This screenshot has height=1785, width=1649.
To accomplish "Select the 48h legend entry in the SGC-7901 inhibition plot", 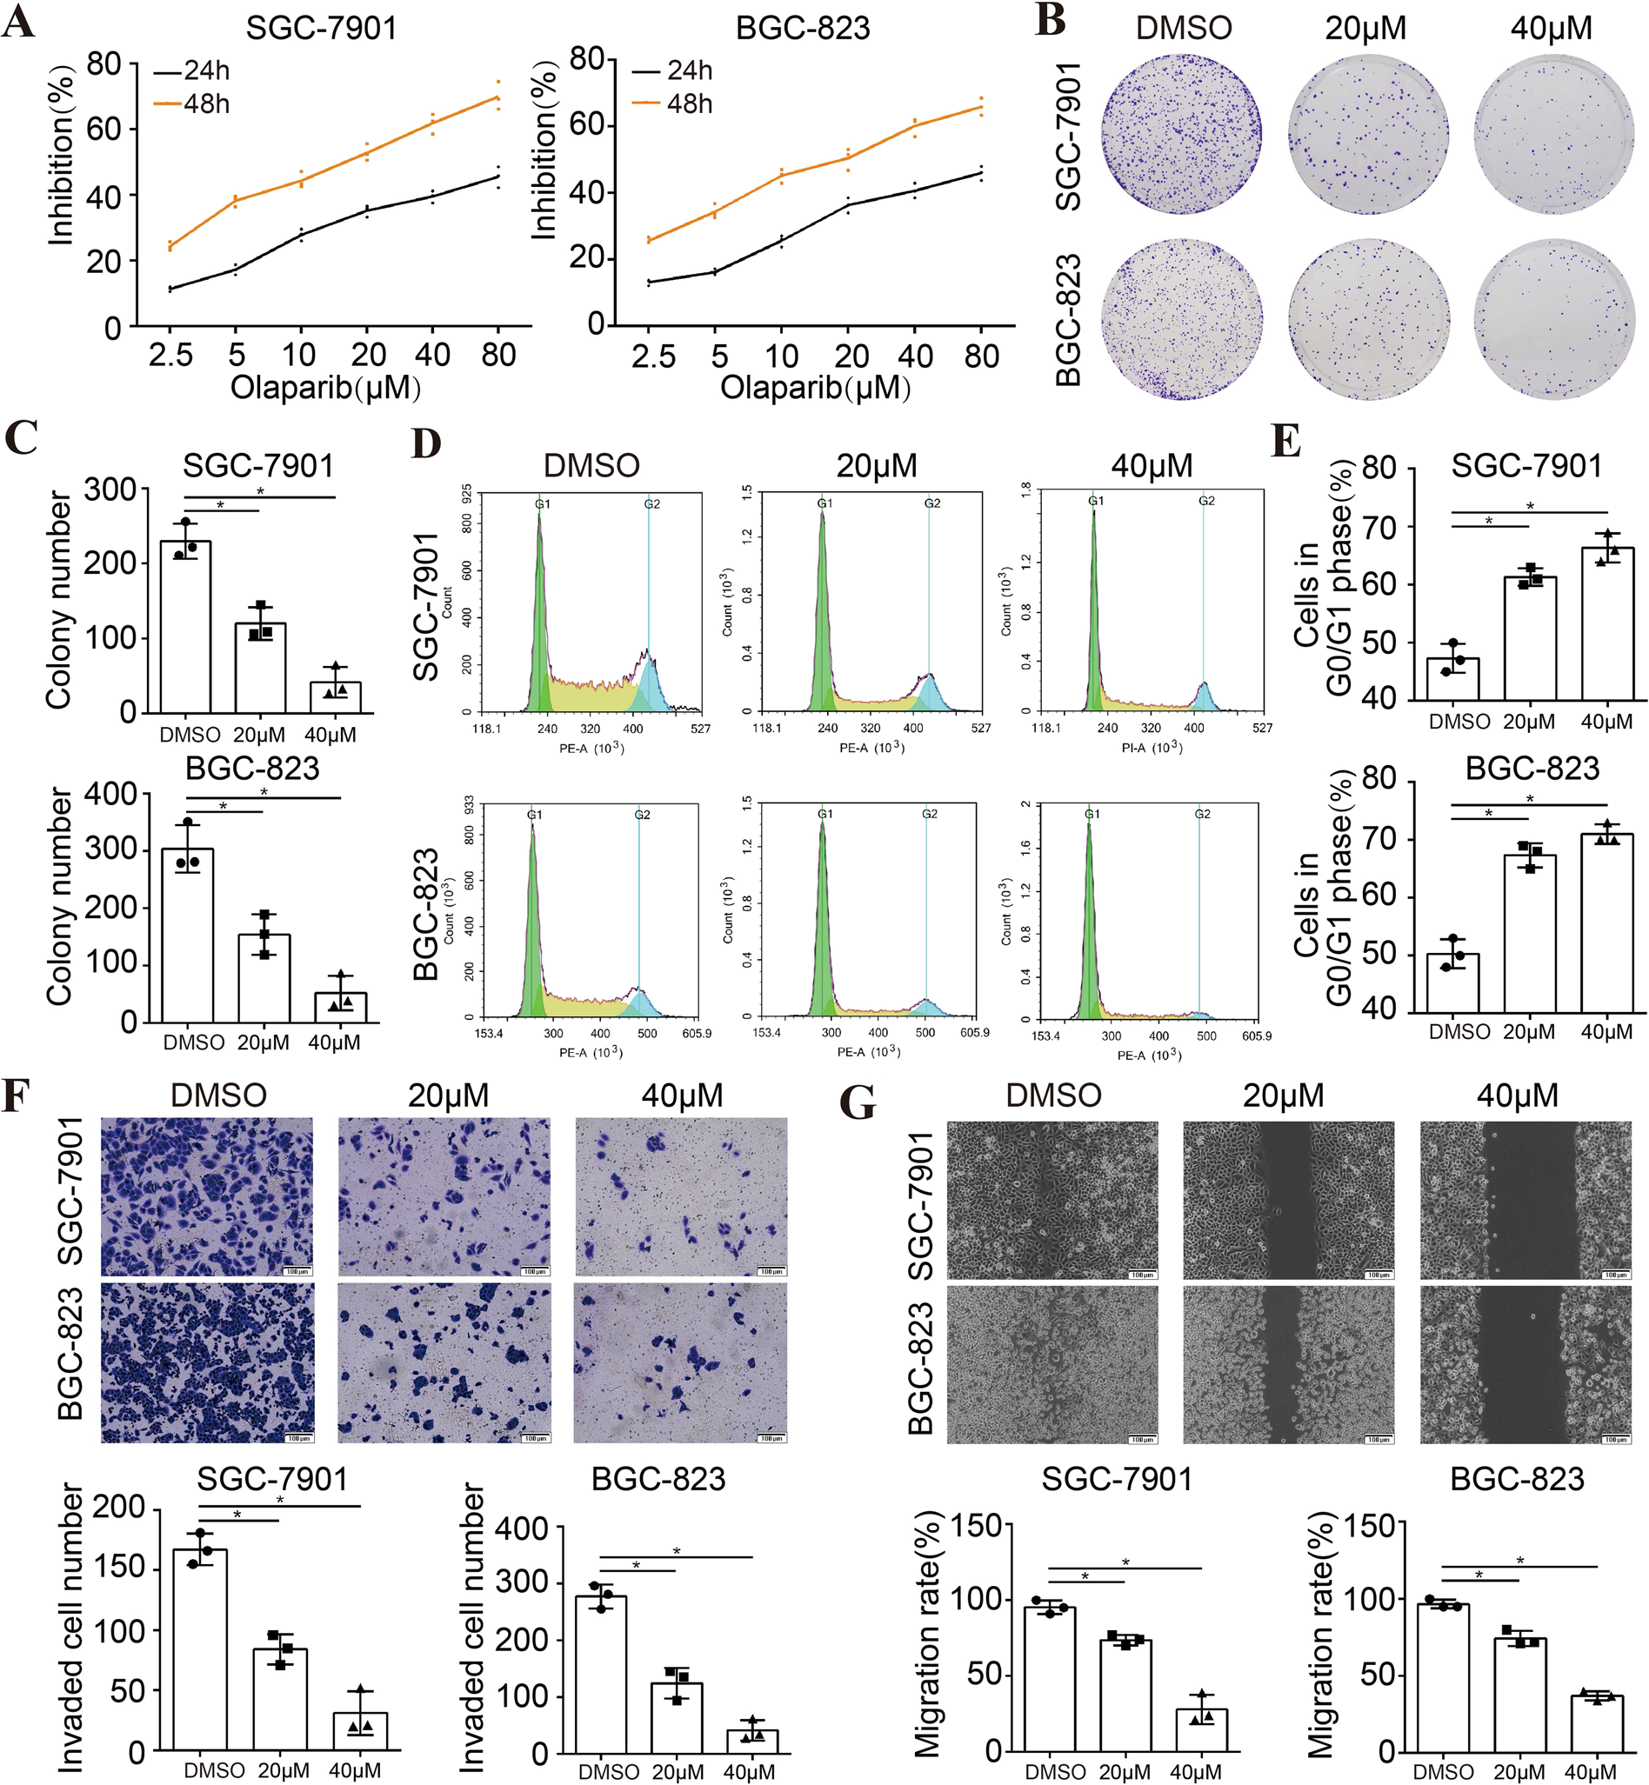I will [193, 104].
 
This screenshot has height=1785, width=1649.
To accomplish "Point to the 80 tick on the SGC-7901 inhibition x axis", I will [497, 355].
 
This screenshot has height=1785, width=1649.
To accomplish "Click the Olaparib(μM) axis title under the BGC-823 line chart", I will [815, 388].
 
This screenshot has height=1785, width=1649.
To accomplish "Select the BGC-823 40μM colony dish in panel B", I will [1553, 318].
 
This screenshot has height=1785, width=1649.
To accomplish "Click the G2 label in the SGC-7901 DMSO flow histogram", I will [652, 504].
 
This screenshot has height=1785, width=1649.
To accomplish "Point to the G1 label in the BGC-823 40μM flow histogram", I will [1092, 815].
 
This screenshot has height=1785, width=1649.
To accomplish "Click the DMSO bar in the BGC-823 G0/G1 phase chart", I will [1452, 983].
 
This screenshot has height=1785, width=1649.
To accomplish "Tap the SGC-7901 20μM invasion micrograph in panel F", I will [444, 1197].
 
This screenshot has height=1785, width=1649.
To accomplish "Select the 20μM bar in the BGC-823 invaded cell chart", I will [678, 1717].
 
